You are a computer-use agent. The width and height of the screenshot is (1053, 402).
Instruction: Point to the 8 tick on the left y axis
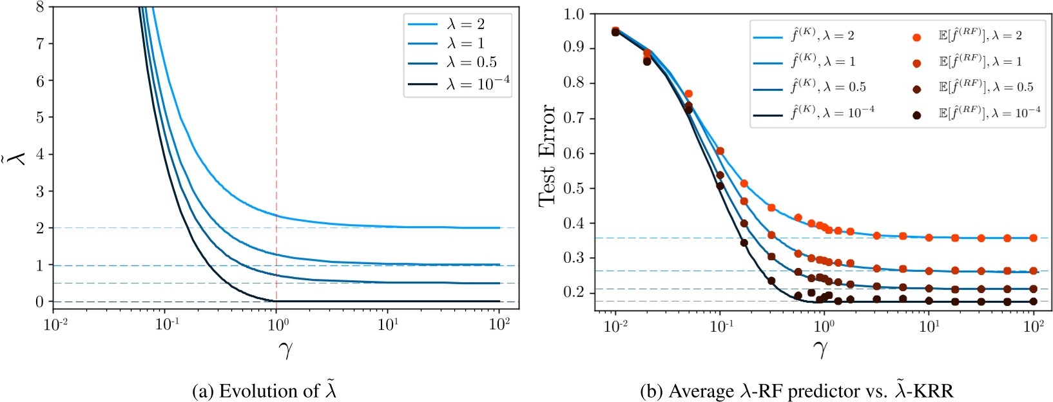pyautogui.click(x=40, y=7)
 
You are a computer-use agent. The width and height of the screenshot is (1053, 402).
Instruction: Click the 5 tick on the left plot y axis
pyautogui.click(x=40, y=118)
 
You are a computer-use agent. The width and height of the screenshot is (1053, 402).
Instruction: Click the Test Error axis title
pyautogui.click(x=548, y=155)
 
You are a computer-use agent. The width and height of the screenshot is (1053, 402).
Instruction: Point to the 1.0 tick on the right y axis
pyautogui.click(x=574, y=14)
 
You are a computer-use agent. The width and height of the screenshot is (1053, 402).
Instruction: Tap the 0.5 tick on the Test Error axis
pyautogui.click(x=574, y=189)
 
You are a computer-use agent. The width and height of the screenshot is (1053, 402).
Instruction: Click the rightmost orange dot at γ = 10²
pyautogui.click(x=1033, y=238)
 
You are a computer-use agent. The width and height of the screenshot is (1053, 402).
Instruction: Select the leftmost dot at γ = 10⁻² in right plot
pyautogui.click(x=615, y=31)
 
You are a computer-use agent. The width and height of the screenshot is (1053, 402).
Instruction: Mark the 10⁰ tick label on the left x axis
pyautogui.click(x=277, y=325)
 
